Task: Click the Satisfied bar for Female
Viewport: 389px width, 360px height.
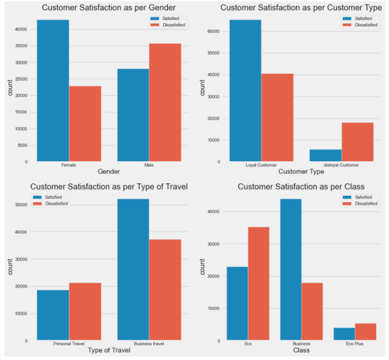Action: click(x=53, y=91)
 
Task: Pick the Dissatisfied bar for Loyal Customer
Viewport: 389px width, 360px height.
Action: click(x=277, y=118)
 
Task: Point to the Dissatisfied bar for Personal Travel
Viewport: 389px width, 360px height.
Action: click(x=85, y=312)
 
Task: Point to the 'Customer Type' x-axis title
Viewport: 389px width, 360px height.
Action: click(x=301, y=172)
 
